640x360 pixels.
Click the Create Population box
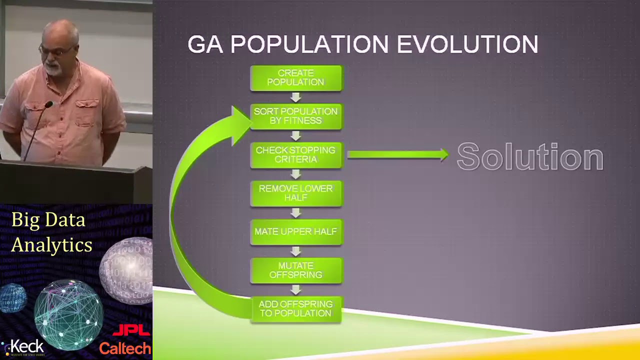click(296, 78)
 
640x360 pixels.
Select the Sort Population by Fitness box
click(296, 116)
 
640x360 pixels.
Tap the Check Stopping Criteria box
click(296, 155)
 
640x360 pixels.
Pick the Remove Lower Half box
click(296, 193)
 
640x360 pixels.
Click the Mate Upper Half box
click(296, 232)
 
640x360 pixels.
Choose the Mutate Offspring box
click(296, 270)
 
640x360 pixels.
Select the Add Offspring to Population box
click(296, 309)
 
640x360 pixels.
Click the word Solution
click(530, 157)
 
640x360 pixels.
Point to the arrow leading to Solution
click(397, 155)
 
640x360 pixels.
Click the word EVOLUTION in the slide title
click(467, 44)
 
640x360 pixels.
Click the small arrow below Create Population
click(296, 97)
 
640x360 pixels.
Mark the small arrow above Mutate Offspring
click(296, 251)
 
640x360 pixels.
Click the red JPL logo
click(131, 330)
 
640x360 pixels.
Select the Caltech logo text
click(125, 348)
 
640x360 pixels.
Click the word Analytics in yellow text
click(51, 245)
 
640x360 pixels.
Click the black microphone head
click(48, 105)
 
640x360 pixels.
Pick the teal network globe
click(68, 314)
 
